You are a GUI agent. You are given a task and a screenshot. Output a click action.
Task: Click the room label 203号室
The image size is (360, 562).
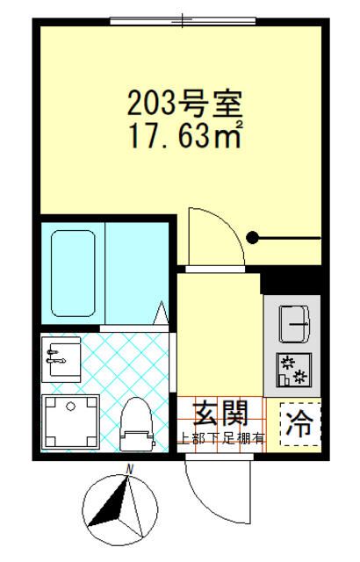(x=184, y=104)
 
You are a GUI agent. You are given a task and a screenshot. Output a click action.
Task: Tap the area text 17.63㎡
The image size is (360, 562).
(x=185, y=137)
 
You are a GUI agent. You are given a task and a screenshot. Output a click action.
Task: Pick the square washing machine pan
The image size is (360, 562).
(x=71, y=422)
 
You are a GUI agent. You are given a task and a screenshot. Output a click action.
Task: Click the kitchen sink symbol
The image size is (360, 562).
(x=292, y=323)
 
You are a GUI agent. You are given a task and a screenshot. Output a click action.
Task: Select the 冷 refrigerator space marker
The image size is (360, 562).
(x=300, y=425)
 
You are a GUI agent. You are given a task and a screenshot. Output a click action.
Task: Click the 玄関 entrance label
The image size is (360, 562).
(x=216, y=412)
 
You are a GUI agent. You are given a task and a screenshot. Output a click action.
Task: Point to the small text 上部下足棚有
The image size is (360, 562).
(x=220, y=437)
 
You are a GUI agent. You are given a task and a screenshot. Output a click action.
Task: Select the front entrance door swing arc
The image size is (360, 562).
(x=211, y=492)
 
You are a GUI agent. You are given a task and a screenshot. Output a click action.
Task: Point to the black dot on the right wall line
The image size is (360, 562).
(x=252, y=237)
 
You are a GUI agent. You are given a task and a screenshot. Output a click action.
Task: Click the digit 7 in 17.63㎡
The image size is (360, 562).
(x=152, y=137)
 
